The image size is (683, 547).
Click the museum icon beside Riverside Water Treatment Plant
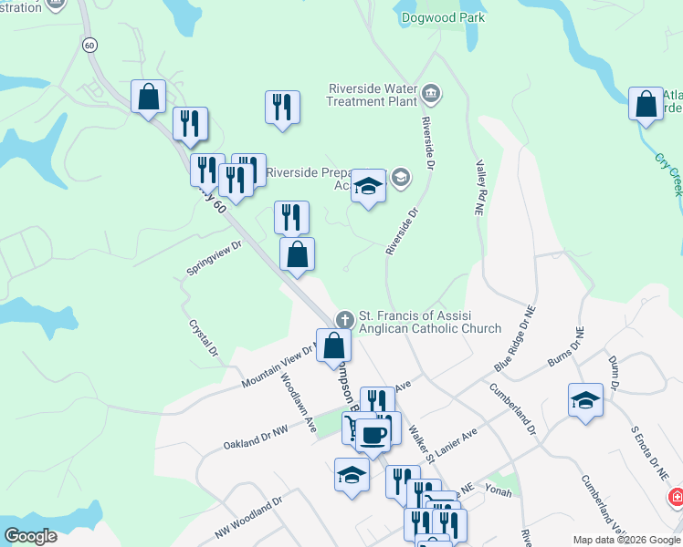[430, 93]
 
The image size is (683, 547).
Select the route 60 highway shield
[89, 44]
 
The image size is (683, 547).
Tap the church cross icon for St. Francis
[344, 319]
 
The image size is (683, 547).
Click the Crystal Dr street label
[204, 337]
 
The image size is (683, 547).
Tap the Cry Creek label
[668, 173]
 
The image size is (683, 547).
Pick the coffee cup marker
[373, 433]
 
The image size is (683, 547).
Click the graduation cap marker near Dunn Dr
[585, 400]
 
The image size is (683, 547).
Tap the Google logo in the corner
[30, 536]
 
